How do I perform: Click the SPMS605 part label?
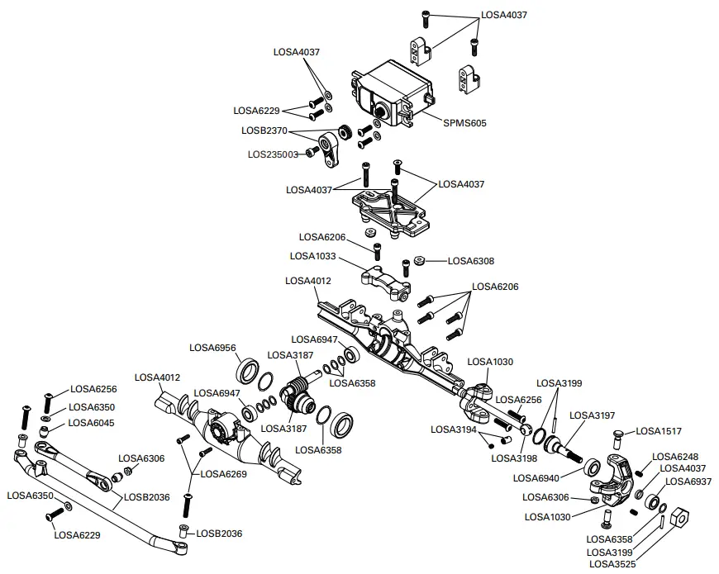[x=465, y=123]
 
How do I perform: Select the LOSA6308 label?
[x=471, y=261]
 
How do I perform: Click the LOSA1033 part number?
[x=313, y=257]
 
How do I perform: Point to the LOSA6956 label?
[x=213, y=347]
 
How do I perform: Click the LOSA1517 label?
[x=659, y=431]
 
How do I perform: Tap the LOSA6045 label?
[x=92, y=423]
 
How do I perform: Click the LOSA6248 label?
[x=676, y=457]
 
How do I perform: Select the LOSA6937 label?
[x=688, y=481]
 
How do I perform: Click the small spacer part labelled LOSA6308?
[x=420, y=260]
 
